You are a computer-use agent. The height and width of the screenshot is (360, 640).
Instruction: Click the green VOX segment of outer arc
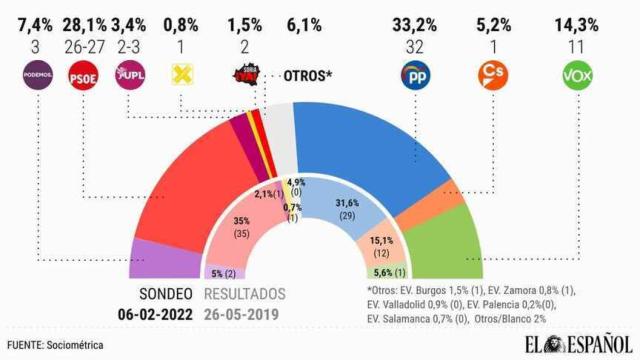tap(440, 240)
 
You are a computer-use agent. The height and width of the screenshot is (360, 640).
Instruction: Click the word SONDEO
tap(166, 296)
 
